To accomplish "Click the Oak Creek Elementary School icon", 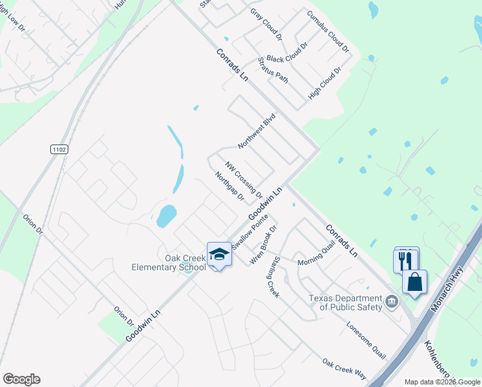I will click(x=219, y=254).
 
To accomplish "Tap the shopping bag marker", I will click(x=414, y=281).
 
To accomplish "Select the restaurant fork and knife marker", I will click(x=405, y=260).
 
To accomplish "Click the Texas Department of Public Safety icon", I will click(x=391, y=301).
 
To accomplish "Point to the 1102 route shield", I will click(x=59, y=149).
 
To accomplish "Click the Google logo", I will click(x=21, y=379).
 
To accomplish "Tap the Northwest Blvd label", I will click(x=256, y=131).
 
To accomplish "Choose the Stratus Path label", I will click(x=273, y=70).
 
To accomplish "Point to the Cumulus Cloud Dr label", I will click(x=328, y=31).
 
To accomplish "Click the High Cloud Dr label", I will click(x=324, y=82).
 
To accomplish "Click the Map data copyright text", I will click(x=443, y=382).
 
